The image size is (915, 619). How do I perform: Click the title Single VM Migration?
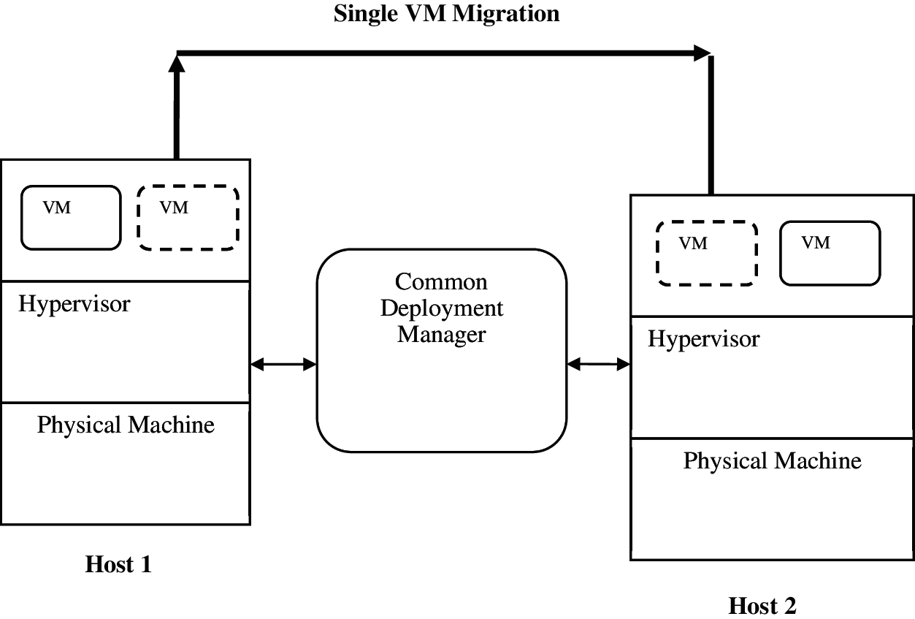tap(446, 14)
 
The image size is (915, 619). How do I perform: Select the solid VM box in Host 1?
tap(71, 217)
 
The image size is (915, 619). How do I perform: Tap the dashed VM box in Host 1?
tap(188, 217)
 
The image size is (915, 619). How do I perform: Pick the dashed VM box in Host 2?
tap(706, 253)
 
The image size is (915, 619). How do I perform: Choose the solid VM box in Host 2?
tap(830, 253)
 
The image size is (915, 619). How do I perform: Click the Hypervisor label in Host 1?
tap(74, 304)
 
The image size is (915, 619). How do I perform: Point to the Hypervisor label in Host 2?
tap(703, 339)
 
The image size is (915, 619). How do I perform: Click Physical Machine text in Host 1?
tap(126, 425)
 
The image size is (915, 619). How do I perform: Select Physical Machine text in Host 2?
tap(772, 461)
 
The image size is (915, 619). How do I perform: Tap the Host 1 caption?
tap(118, 564)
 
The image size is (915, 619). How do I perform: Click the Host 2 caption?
tap(762, 606)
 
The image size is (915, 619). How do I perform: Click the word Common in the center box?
tap(441, 282)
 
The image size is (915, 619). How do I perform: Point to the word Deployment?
tap(442, 308)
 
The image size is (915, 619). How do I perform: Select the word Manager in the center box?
tap(441, 335)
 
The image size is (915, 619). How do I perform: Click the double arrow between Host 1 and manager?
tap(283, 364)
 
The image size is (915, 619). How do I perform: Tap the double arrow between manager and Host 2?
tap(598, 363)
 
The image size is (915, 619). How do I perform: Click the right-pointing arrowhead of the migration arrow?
tap(702, 52)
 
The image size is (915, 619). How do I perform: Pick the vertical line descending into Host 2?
tap(711, 124)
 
